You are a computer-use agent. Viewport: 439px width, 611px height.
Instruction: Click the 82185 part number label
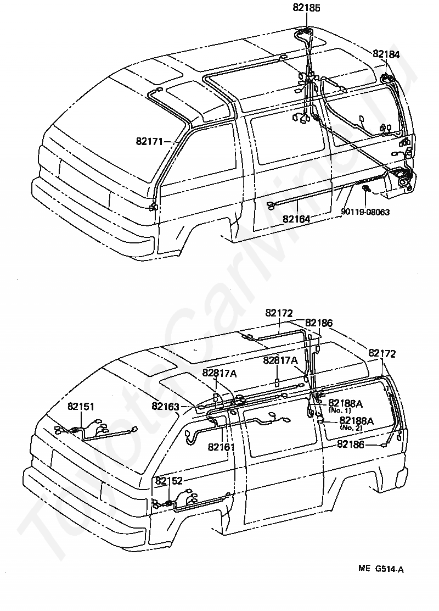pos(306,8)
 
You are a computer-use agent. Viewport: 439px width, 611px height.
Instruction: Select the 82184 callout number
pos(386,54)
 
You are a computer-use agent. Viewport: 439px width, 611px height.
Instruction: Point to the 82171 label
pos(149,141)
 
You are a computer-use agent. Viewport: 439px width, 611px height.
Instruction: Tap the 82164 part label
pos(296,219)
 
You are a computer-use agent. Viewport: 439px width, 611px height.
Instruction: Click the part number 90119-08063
pos(365,212)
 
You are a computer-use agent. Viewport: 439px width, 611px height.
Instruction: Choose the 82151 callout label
pos(81,407)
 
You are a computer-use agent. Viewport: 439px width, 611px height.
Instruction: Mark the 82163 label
pos(165,407)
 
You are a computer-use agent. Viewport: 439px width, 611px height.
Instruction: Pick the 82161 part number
pos(221,447)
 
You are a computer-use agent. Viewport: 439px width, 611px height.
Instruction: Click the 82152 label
pos(169,481)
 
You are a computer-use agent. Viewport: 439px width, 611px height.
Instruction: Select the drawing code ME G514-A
pos(381,569)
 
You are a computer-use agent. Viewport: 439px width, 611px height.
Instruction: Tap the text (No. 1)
pos(340,410)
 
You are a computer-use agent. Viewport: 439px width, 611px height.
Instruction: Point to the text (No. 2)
pos(351,427)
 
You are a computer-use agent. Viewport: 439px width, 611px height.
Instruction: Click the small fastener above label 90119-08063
pos(366,190)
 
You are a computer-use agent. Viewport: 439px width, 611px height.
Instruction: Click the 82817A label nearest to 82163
pos(219,373)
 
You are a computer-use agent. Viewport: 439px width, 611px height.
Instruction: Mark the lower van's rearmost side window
pos(358,410)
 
